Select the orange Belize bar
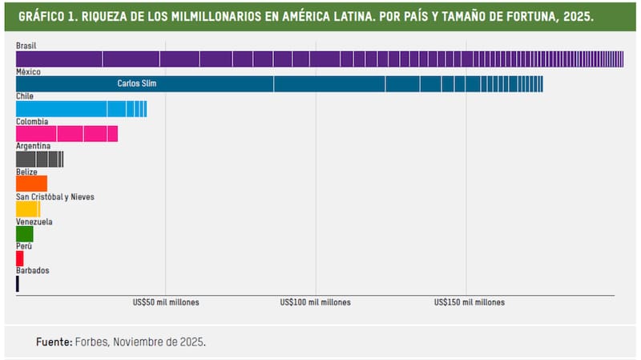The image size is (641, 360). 31,184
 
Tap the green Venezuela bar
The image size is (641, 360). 24,233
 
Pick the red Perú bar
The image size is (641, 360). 19,258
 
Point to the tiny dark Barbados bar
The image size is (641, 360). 17,283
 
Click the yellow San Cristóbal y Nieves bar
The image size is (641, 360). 27,208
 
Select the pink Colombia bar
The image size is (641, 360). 67,134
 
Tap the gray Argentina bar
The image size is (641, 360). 39,159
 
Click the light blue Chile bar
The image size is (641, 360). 81,109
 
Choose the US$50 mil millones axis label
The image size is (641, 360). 166,303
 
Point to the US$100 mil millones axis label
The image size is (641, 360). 316,303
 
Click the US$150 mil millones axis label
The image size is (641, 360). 470,303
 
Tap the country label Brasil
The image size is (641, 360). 26,47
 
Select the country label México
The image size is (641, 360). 28,71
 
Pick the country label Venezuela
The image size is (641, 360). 34,221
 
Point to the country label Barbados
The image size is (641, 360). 33,270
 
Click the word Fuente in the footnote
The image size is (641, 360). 54,342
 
